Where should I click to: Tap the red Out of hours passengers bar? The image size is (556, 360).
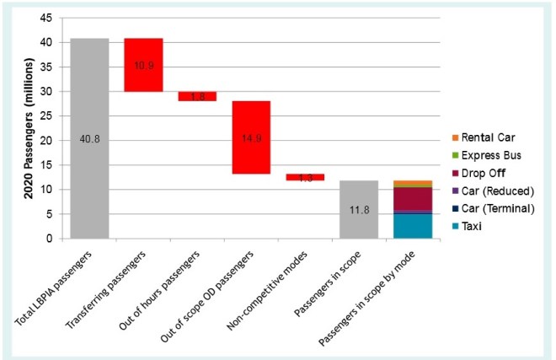point(196,96)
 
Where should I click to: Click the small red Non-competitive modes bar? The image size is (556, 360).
point(304,177)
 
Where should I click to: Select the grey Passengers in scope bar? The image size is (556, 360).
point(358,209)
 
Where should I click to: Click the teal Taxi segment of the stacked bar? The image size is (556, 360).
point(412,226)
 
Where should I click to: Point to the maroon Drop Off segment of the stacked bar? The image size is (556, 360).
point(412,199)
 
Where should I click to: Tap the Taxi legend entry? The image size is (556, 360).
point(477,227)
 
